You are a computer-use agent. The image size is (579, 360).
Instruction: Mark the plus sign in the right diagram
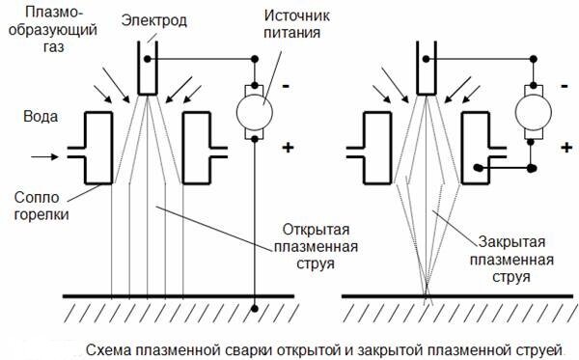(564, 147)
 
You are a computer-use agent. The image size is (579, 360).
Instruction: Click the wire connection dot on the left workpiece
(253, 309)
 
